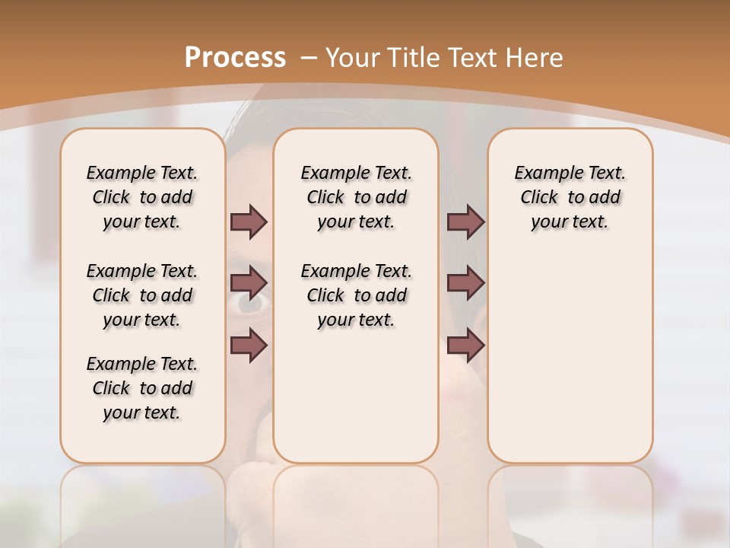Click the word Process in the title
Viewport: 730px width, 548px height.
pos(236,57)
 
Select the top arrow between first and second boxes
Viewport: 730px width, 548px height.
pos(249,221)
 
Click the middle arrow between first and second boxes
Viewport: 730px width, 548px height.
pos(249,283)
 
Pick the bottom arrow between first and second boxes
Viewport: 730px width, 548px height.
pos(249,345)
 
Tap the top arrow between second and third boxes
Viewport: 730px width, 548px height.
pos(465,221)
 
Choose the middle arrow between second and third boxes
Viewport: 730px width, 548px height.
pos(465,283)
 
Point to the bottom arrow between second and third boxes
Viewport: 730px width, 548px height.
pos(465,345)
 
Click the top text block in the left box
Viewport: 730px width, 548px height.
pos(142,197)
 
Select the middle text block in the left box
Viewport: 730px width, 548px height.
pos(142,295)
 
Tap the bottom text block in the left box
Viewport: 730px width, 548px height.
pos(142,388)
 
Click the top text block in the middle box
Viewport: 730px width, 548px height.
pos(356,197)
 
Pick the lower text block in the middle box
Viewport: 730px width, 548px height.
pos(356,295)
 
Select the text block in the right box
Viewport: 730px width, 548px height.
pos(570,197)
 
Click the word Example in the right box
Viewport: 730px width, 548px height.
pos(546,174)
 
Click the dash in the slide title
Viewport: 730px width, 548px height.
pos(309,57)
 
